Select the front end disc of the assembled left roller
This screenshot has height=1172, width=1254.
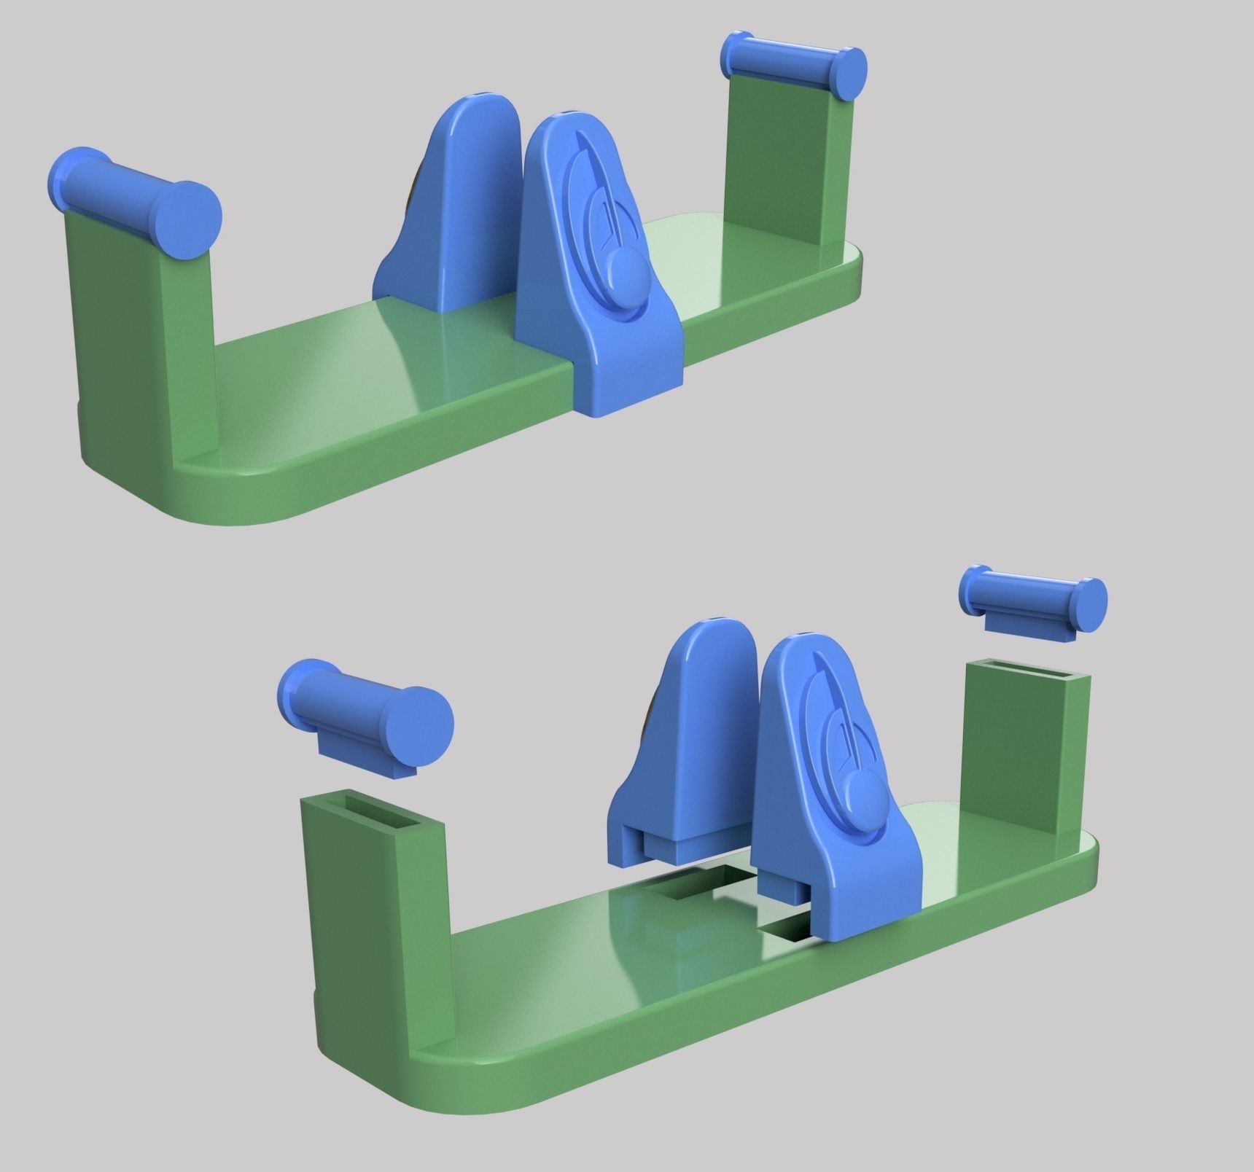[x=188, y=219]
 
